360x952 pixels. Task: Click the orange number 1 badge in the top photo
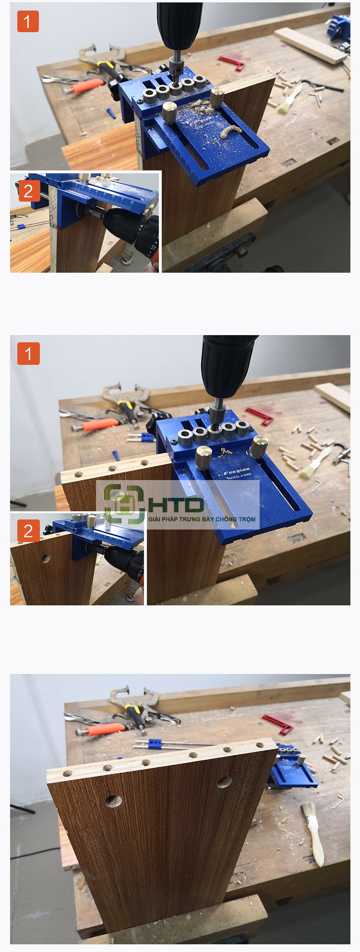tap(28, 22)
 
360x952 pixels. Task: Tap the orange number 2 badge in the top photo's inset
tap(28, 191)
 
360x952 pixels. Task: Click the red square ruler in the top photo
tap(233, 62)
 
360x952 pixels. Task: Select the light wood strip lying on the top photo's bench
tap(309, 45)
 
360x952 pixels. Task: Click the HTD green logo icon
tap(124, 504)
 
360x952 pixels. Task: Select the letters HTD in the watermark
tap(176, 505)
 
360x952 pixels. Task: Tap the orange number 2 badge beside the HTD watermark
tap(28, 530)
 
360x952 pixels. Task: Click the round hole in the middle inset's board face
tap(46, 558)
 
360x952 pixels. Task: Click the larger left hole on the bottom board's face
tap(113, 801)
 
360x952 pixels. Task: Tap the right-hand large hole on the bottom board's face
tap(224, 782)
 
